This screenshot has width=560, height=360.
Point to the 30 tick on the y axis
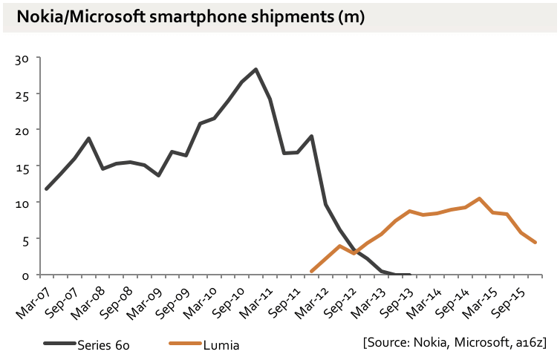(x=22, y=59)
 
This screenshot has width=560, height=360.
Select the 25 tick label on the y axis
(x=22, y=95)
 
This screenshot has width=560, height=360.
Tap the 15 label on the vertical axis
(x=22, y=168)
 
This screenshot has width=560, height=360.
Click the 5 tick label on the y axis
(x=25, y=240)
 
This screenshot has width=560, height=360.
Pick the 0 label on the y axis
(x=25, y=275)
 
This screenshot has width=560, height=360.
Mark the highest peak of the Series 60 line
(x=255, y=69)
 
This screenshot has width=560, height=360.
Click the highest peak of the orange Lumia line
(x=480, y=198)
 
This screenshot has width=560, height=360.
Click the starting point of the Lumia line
(x=311, y=272)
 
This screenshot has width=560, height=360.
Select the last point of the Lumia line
(x=535, y=243)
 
